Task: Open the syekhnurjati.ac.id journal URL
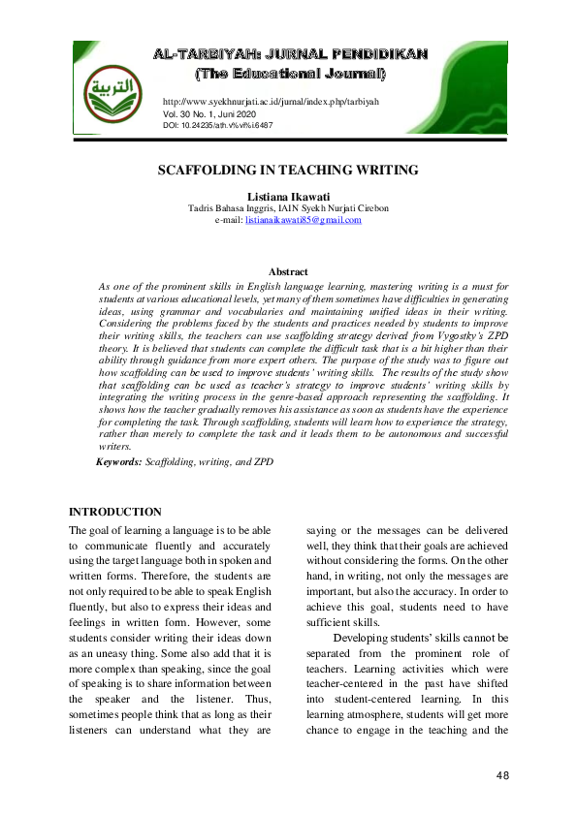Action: [271, 102]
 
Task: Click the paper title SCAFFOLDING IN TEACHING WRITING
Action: [288, 171]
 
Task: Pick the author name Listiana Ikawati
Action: [288, 196]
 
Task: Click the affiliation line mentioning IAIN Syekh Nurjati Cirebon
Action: [288, 208]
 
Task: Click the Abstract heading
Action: [288, 272]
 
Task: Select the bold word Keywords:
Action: [118, 462]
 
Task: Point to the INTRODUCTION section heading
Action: [115, 512]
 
